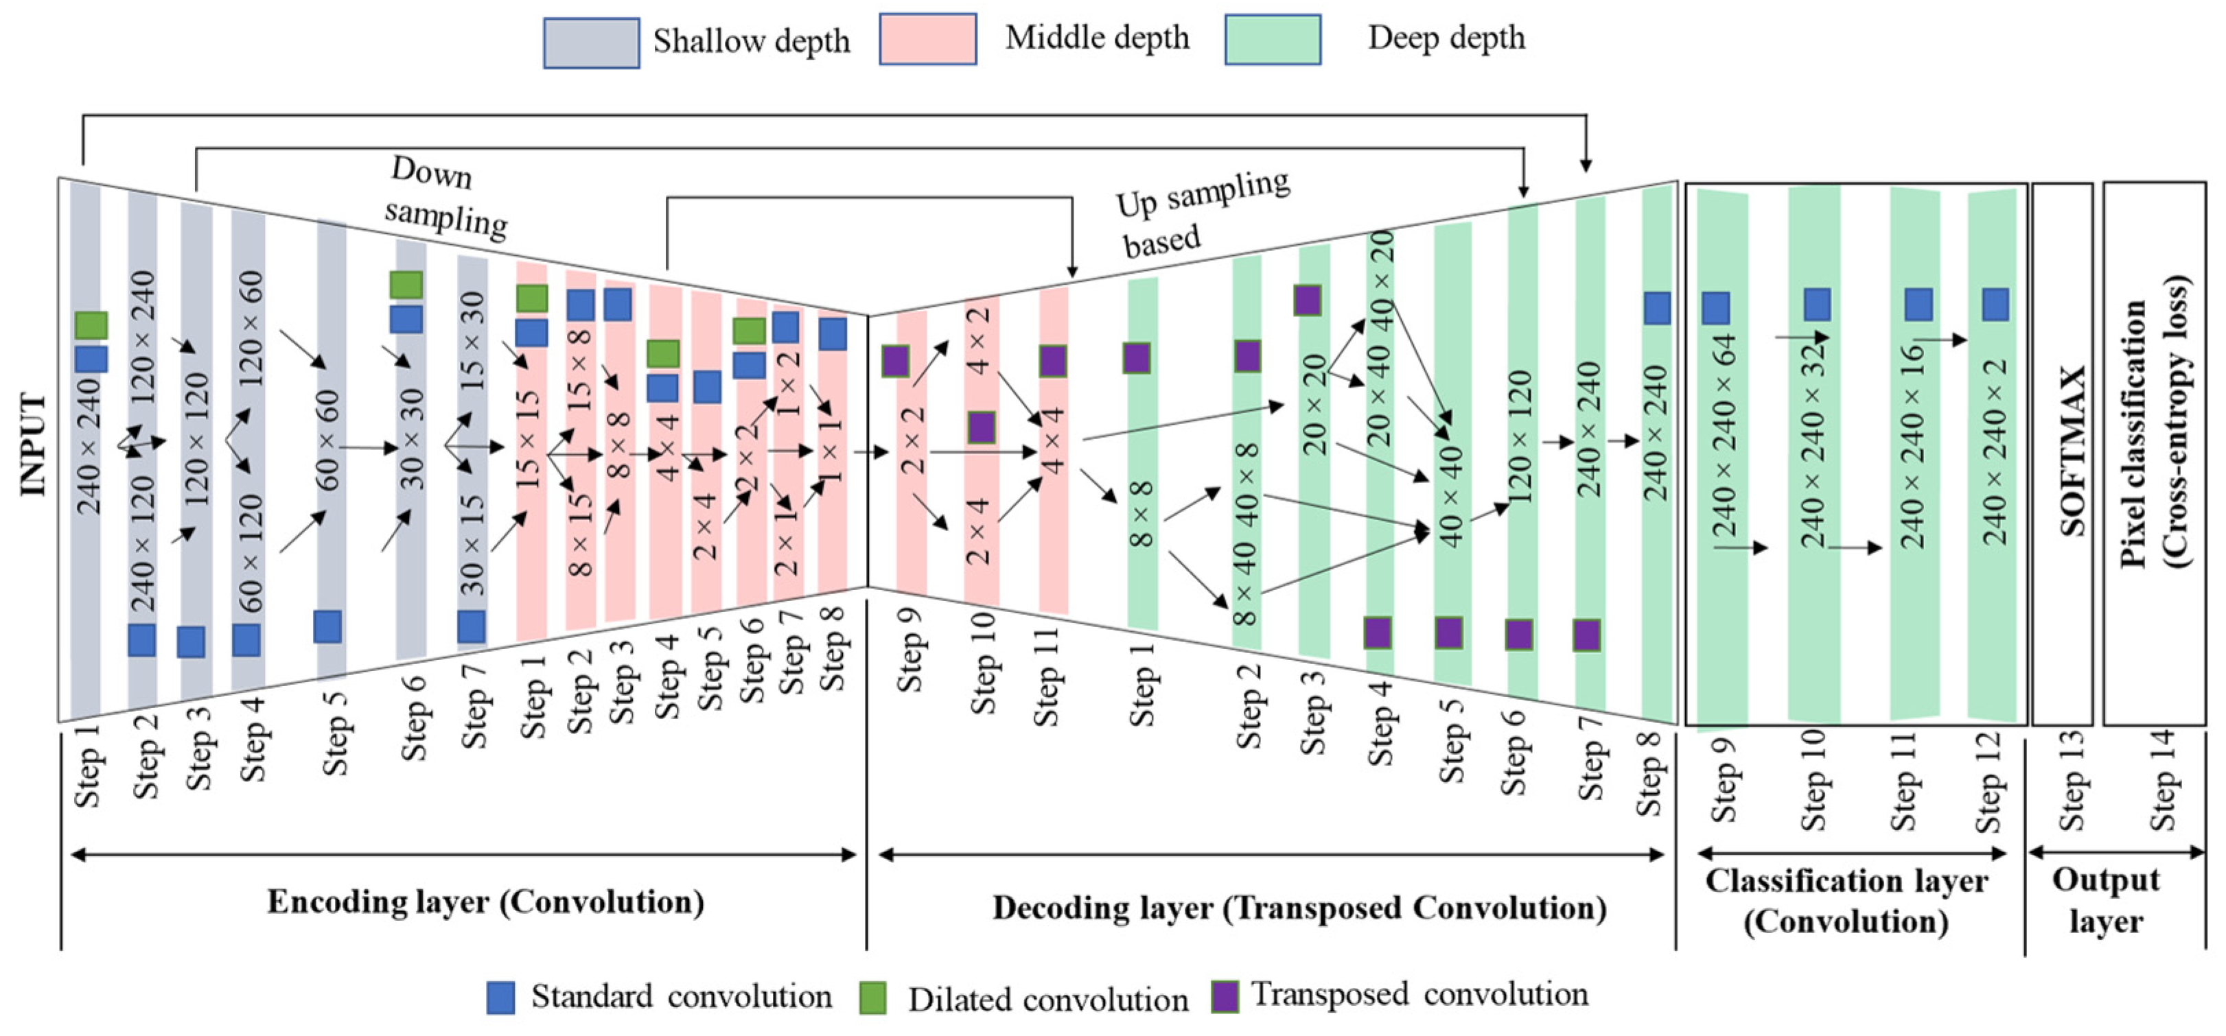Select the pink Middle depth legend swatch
(x=927, y=39)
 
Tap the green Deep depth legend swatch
(x=1272, y=39)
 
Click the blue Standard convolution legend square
(x=500, y=997)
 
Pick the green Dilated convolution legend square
(x=873, y=998)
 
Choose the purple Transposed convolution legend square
(x=1225, y=996)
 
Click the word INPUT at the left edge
(x=33, y=445)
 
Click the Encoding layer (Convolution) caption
(x=486, y=902)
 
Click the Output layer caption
(x=2106, y=900)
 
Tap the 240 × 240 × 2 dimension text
(x=1995, y=451)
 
